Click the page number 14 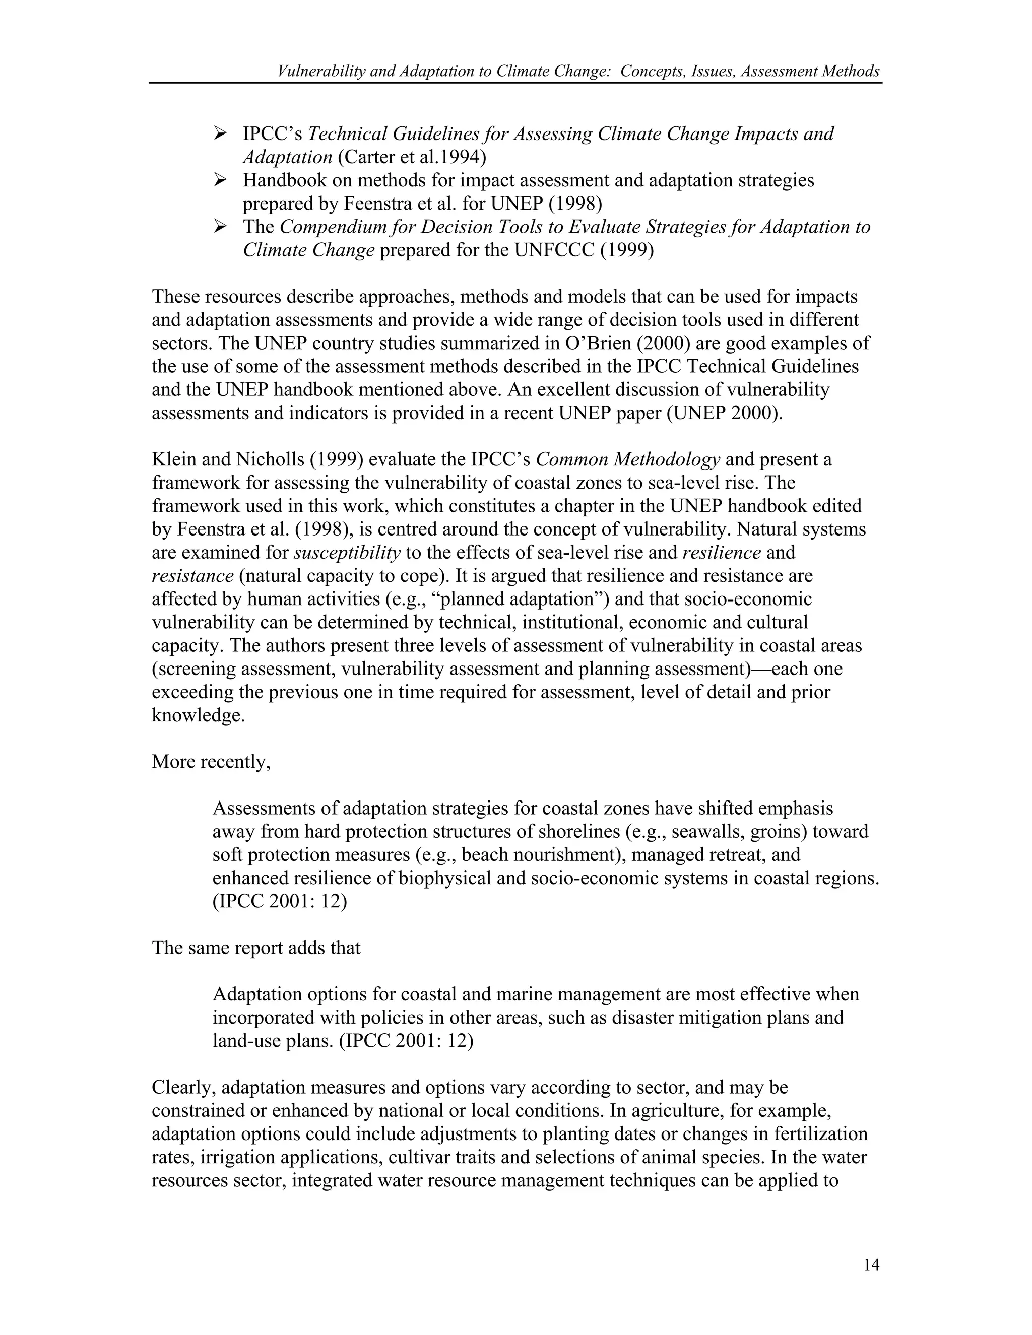click(871, 1264)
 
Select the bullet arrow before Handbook click(221, 180)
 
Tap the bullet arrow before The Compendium click(221, 226)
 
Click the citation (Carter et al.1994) click(412, 157)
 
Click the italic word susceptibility click(347, 553)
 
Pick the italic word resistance click(192, 576)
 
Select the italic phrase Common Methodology click(627, 459)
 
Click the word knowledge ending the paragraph click(198, 716)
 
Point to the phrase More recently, click(211, 762)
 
